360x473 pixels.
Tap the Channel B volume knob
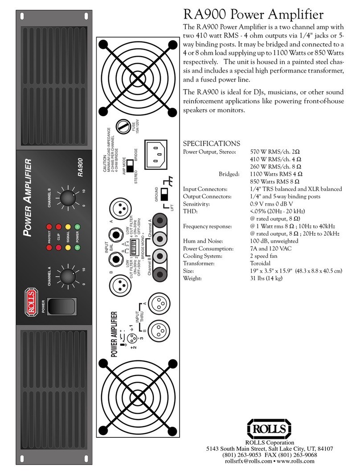(x=67, y=196)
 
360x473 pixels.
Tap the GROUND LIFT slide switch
(x=164, y=195)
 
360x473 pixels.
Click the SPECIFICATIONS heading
(x=212, y=143)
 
